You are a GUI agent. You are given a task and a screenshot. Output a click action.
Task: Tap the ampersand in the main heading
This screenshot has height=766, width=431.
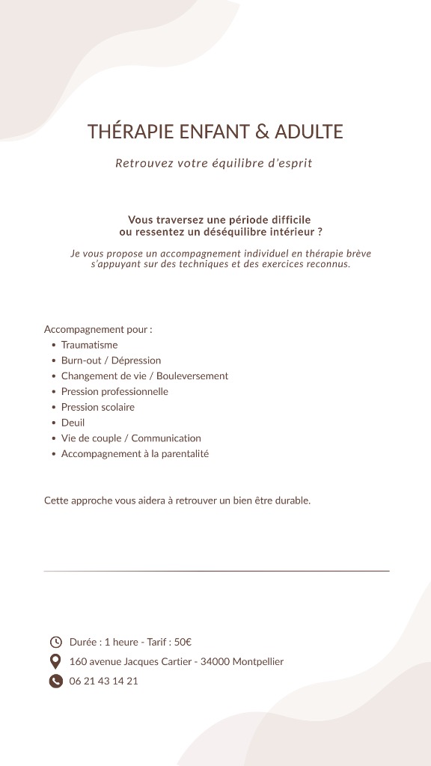point(262,132)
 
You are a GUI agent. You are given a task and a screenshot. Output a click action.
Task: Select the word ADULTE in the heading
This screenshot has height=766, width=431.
point(309,132)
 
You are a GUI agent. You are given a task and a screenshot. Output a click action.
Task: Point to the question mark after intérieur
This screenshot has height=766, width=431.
point(320,232)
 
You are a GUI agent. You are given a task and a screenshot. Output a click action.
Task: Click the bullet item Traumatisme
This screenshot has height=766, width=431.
point(89,345)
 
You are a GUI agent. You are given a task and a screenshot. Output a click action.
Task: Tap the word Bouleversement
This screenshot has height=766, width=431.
point(192,376)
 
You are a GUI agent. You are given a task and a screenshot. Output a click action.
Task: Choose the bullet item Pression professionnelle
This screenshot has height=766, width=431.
point(114,392)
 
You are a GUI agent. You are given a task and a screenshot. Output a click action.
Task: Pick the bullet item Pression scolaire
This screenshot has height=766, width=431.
point(98,408)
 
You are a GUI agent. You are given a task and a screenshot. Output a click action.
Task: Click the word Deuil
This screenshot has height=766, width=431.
point(73,423)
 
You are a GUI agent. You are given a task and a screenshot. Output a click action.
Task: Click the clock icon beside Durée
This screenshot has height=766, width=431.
point(55,642)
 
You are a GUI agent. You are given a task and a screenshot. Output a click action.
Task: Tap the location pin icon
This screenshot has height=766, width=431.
point(55,661)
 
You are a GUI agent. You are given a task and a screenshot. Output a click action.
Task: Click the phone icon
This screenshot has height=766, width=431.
point(55,681)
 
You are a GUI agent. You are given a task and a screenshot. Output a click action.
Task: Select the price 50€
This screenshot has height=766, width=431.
point(183,642)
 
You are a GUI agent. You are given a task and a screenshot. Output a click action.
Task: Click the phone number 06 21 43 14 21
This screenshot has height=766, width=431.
point(104,681)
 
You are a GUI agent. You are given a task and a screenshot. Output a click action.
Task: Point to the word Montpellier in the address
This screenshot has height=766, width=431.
point(258,662)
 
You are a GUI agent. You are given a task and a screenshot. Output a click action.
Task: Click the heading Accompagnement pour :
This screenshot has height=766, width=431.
point(98,329)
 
